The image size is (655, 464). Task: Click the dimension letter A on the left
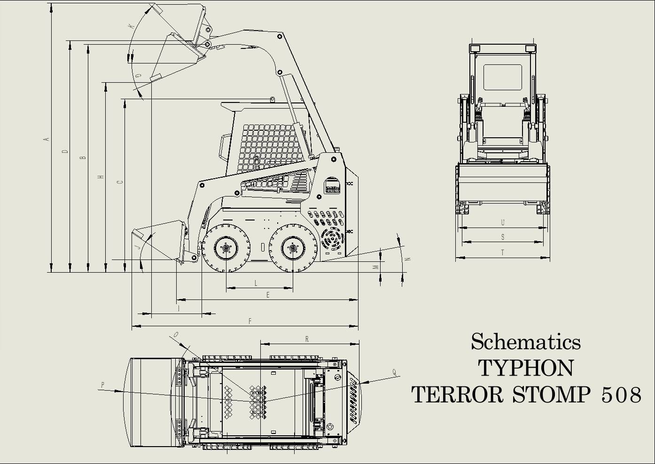click(x=46, y=139)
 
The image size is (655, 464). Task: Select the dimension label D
click(x=65, y=151)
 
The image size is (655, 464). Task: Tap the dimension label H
click(x=101, y=177)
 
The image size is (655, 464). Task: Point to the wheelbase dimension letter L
click(x=256, y=283)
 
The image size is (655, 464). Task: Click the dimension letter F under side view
click(x=250, y=321)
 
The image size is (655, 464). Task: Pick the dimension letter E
click(x=268, y=295)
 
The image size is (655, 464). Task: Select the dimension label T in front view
click(x=502, y=253)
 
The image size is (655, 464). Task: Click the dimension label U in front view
click(x=502, y=222)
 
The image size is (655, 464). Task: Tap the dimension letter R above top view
click(x=307, y=339)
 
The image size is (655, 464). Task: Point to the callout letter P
click(x=103, y=385)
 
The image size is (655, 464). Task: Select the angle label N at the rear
click(x=408, y=259)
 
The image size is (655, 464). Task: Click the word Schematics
click(x=525, y=342)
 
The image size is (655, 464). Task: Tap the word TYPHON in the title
click(x=525, y=368)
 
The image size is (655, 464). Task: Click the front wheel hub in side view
click(x=226, y=248)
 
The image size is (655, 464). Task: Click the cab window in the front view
click(x=502, y=77)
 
